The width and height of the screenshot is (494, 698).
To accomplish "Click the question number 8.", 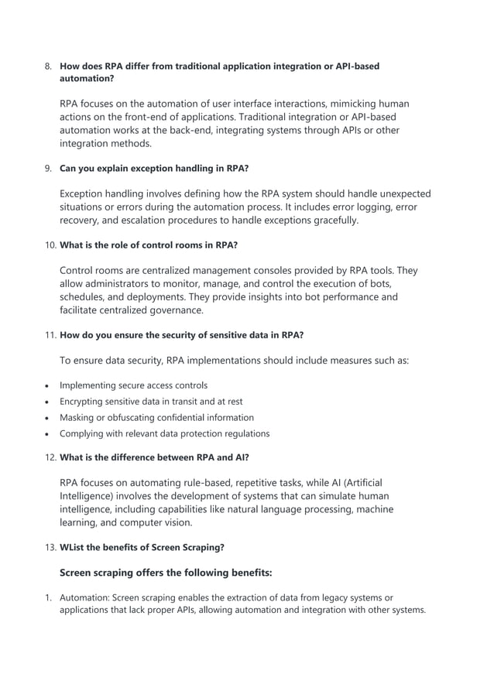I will coord(47,67).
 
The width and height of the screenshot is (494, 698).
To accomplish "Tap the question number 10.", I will coord(50,245).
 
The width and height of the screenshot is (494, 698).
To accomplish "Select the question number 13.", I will coord(50,547).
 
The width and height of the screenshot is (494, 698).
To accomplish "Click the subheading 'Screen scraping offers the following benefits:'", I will coord(166,573).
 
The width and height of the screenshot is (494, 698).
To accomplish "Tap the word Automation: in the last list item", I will coord(85,597).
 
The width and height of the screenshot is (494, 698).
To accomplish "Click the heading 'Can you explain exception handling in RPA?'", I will coord(154,168).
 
